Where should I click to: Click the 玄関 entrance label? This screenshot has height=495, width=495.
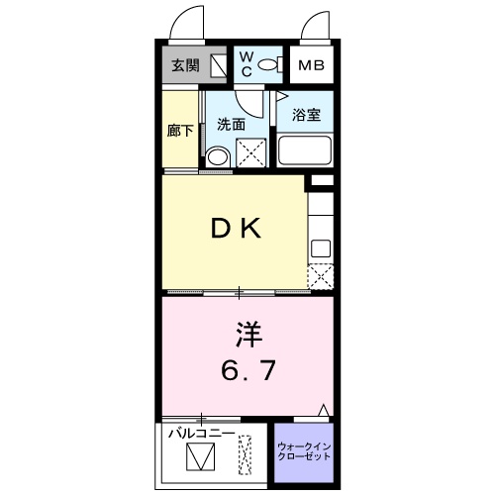click(185, 66)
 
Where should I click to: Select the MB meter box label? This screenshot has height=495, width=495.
click(312, 66)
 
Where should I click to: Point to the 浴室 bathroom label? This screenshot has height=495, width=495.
click(304, 114)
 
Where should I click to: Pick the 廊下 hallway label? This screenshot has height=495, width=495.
click(181, 131)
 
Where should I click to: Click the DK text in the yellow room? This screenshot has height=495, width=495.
click(236, 230)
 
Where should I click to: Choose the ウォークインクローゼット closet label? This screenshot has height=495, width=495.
click(303, 452)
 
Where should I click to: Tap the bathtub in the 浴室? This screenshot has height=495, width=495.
click(305, 151)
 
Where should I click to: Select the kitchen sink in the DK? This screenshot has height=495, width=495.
click(321, 247)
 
